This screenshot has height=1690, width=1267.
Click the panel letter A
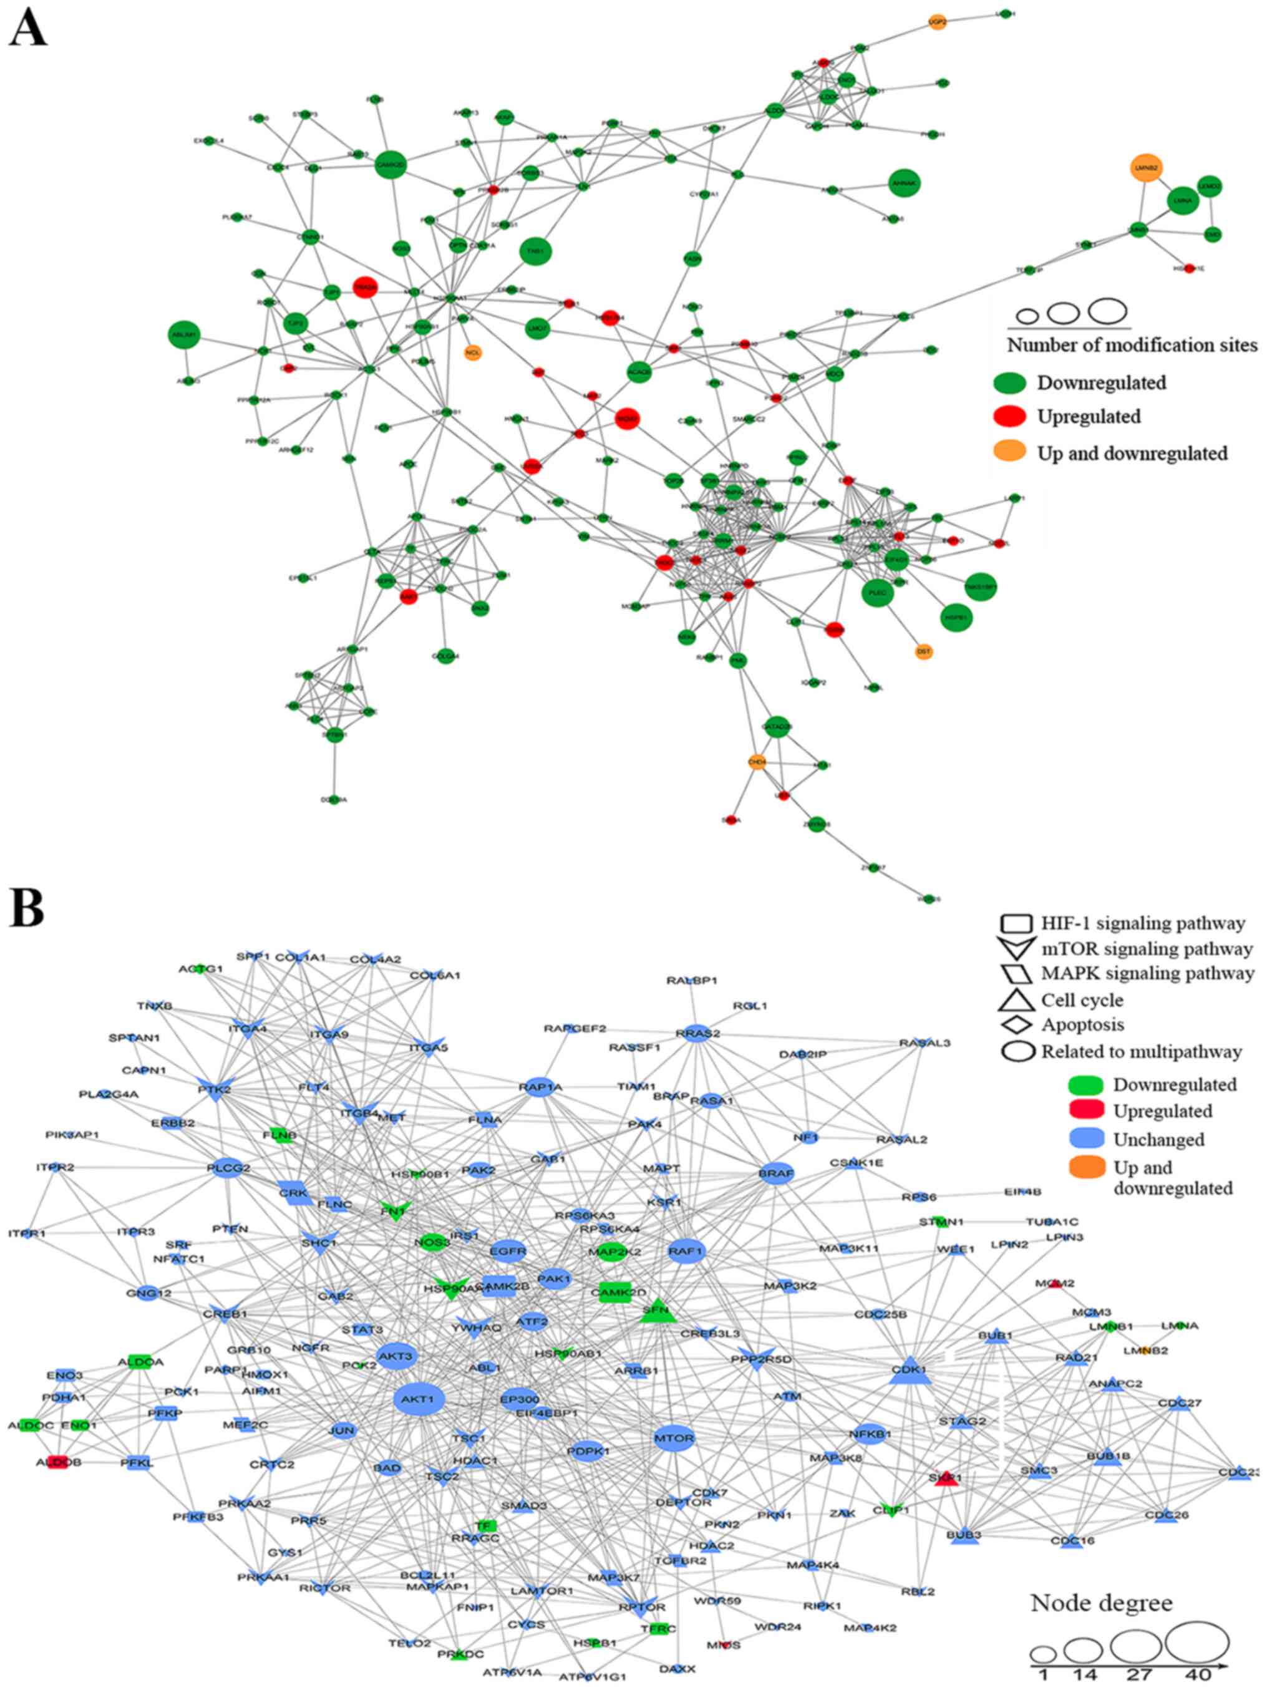pyautogui.click(x=27, y=31)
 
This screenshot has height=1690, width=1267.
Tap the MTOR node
pyautogui.click(x=673, y=1438)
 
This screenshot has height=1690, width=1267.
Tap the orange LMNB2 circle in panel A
pyautogui.click(x=1146, y=168)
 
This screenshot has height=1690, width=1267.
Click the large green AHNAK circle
pyautogui.click(x=904, y=183)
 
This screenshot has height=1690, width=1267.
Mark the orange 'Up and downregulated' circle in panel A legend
pyautogui.click(x=1009, y=452)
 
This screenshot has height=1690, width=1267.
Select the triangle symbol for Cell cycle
pyautogui.click(x=1016, y=999)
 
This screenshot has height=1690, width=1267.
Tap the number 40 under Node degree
pyautogui.click(x=1198, y=1675)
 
